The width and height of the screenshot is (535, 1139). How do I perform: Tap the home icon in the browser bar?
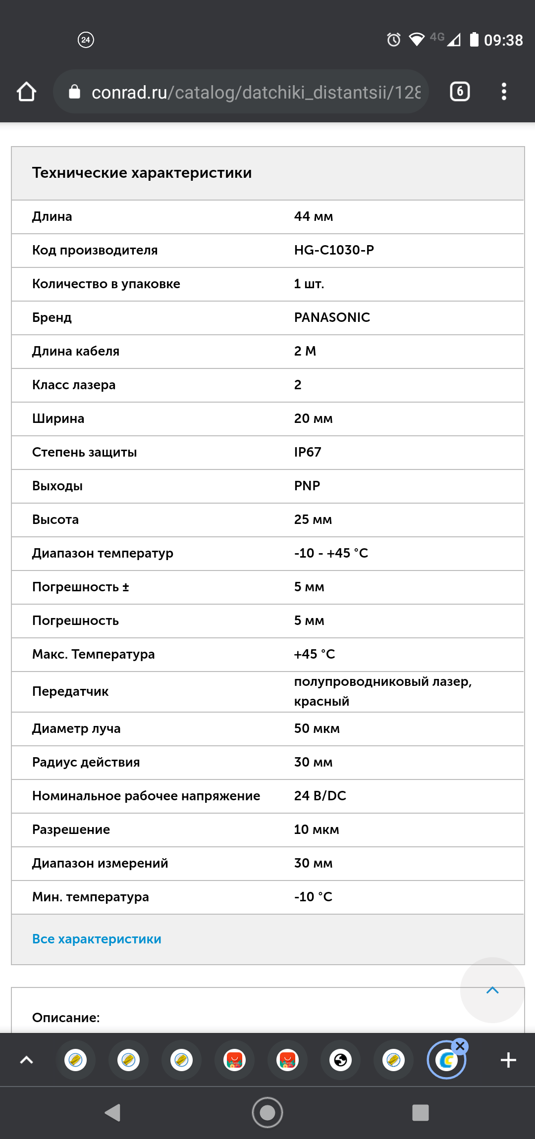26,92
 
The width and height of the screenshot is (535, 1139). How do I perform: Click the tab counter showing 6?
460,92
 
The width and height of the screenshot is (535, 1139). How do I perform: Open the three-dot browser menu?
504,92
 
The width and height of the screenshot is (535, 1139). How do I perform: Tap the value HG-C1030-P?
334,250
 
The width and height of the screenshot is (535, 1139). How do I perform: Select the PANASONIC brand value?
332,317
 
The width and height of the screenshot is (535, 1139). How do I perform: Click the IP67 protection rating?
308,452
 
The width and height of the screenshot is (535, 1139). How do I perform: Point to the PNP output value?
307,486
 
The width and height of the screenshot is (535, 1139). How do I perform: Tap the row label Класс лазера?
74,385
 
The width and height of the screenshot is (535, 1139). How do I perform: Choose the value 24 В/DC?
320,796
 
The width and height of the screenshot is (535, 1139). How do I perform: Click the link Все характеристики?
97,939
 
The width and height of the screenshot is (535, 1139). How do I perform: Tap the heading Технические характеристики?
142,173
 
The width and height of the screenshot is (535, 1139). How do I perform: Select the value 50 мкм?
317,728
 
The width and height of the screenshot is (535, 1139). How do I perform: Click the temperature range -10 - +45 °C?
331,553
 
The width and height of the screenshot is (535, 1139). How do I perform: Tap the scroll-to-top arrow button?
492,990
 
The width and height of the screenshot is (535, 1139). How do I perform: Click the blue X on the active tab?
460,1046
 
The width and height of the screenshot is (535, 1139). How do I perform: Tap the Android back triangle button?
113,1112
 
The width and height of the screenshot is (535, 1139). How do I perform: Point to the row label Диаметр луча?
76,728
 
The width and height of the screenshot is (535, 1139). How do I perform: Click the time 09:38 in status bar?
503,40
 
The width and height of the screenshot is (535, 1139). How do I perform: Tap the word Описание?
66,1018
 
